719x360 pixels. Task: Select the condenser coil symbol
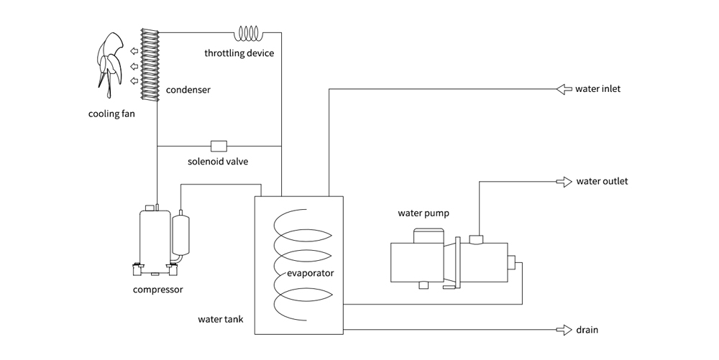[x=149, y=65]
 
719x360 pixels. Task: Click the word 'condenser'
[x=188, y=91]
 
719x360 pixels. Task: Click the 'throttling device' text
[x=239, y=53]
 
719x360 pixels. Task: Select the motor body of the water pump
[x=417, y=262]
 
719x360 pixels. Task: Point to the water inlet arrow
[x=563, y=89]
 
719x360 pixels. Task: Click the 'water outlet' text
[x=602, y=181]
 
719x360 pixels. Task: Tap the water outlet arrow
[x=563, y=181]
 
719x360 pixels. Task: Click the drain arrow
[x=563, y=330]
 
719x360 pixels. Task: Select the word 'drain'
[x=587, y=331]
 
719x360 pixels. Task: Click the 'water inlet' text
[x=598, y=89]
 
